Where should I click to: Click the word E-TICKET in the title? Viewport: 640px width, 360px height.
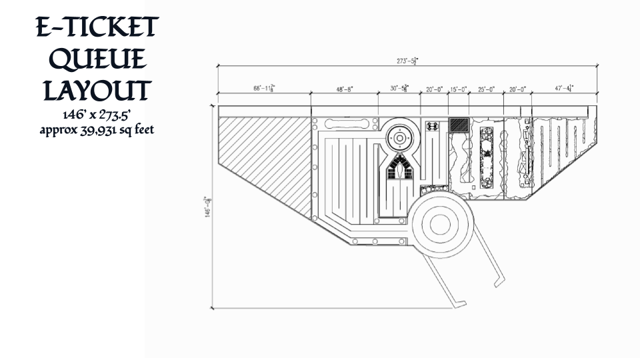tap(97, 27)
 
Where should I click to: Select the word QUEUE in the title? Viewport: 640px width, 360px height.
tap(97, 59)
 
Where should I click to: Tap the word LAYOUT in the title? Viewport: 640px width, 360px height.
tap(97, 90)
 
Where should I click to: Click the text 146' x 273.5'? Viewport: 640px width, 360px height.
tap(97, 115)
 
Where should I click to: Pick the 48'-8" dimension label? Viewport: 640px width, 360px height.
tap(344, 88)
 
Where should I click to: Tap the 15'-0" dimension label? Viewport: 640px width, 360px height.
tap(459, 89)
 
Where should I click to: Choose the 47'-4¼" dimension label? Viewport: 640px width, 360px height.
tap(564, 88)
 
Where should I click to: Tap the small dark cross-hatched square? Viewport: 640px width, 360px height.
tap(459, 124)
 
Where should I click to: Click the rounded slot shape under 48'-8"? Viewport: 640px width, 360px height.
tap(348, 124)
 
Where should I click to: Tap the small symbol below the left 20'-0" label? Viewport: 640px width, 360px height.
tap(432, 125)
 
